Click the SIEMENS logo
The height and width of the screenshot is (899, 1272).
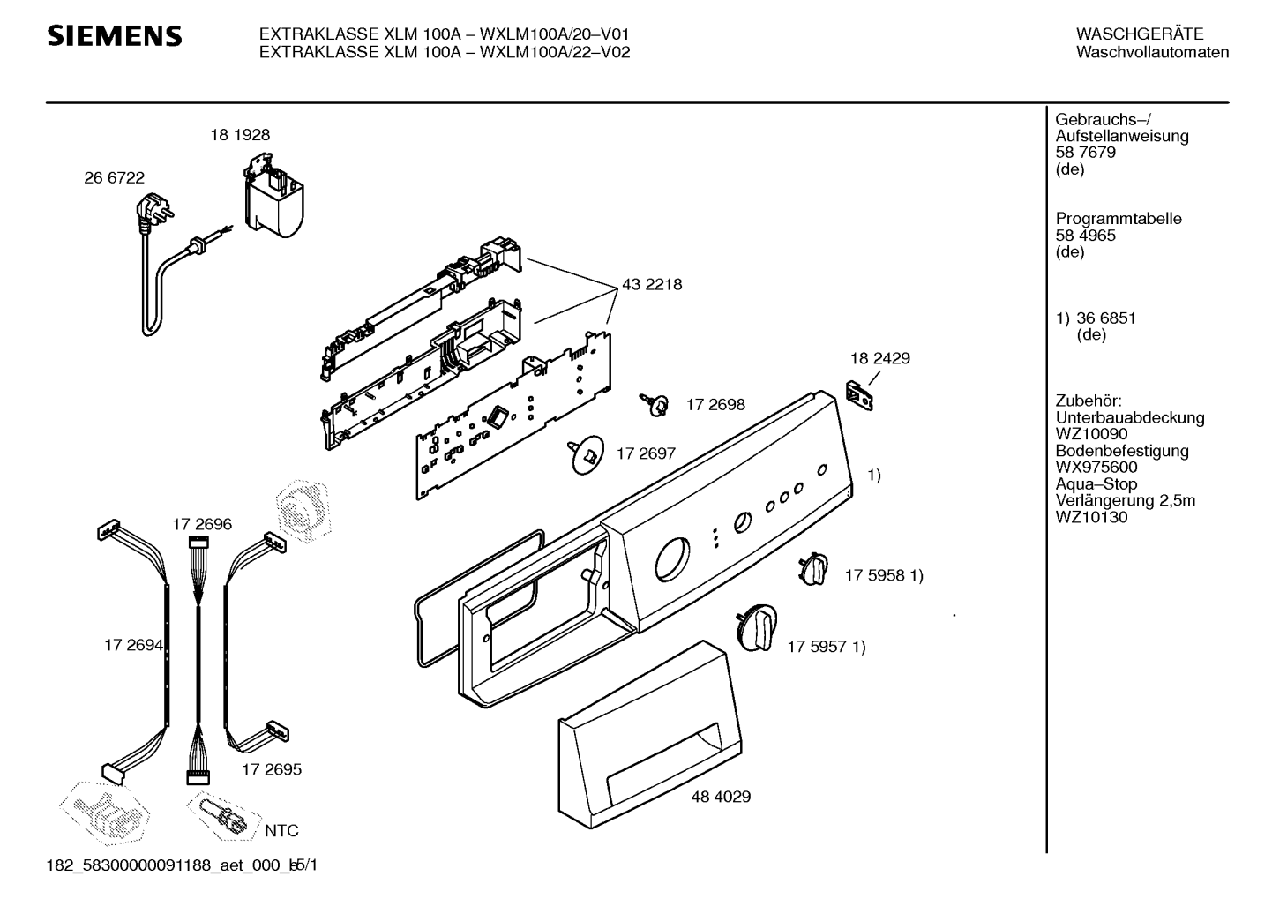[115, 36]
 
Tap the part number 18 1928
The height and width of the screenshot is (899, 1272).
[240, 135]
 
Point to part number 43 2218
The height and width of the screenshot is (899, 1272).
[652, 285]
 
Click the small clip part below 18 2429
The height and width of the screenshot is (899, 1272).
[859, 395]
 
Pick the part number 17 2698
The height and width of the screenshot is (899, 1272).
[715, 405]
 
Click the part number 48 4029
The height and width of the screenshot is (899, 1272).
[721, 797]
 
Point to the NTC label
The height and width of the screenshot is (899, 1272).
[281, 831]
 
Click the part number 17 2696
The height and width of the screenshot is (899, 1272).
[202, 524]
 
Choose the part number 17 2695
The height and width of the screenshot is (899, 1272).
[272, 769]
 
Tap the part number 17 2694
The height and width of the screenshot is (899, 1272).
[133, 645]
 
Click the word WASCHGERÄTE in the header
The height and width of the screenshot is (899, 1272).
[1140, 34]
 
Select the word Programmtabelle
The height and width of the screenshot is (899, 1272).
[1119, 219]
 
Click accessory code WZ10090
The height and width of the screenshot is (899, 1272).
[1091, 434]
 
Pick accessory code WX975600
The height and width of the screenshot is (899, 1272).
[1096, 468]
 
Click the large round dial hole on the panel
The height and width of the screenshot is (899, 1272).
[672, 559]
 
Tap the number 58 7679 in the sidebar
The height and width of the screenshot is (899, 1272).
[1085, 153]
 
